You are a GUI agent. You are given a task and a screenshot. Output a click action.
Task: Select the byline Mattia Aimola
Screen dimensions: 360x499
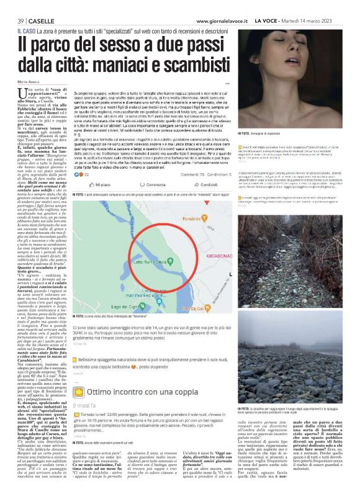pos(25,83)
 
